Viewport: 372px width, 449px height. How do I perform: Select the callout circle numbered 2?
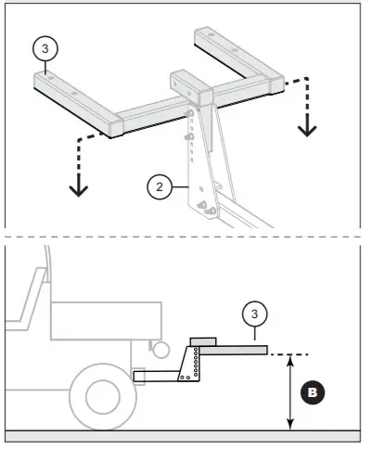(160, 186)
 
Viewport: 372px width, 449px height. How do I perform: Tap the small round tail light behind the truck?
(160, 350)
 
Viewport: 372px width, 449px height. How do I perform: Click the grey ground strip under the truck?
(186, 435)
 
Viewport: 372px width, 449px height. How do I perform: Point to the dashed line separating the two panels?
(186, 241)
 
